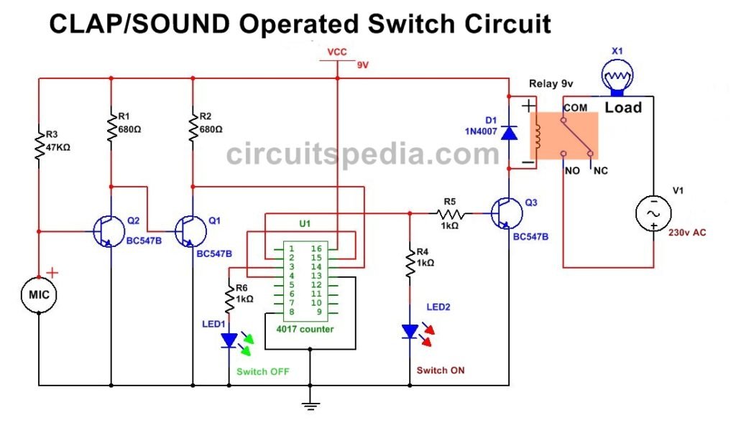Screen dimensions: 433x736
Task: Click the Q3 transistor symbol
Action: [x=505, y=213]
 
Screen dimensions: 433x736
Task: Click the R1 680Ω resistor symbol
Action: [x=111, y=127]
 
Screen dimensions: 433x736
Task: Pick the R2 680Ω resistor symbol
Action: [x=193, y=127]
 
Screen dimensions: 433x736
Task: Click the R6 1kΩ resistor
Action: [x=229, y=297]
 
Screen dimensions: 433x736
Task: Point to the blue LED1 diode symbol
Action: [x=229, y=340]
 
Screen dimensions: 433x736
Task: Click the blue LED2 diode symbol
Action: [x=410, y=331]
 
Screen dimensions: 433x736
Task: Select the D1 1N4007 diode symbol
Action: [x=509, y=133]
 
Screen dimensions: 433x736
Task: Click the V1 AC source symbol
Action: [x=654, y=213]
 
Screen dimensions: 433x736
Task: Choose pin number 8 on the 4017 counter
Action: [x=291, y=312]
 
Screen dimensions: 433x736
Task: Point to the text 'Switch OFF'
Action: [x=262, y=372]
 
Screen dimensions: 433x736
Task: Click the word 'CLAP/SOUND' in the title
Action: [x=139, y=25]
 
